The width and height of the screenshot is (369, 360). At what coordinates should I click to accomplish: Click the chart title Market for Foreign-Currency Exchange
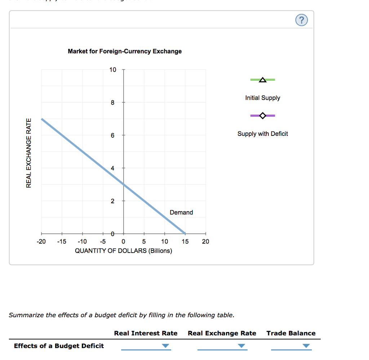125,51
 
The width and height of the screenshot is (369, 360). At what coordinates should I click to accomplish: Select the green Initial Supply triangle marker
263,79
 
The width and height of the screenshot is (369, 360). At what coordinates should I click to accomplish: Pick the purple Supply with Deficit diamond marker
263,116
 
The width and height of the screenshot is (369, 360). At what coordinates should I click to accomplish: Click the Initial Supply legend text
263,98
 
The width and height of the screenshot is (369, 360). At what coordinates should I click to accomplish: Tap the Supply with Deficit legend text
263,134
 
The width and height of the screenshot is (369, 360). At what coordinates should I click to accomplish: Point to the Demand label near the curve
181,212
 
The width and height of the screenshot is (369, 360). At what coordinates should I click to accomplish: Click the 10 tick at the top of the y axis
113,70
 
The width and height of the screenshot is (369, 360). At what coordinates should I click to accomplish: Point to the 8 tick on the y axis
113,103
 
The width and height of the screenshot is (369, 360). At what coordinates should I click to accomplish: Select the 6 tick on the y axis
113,135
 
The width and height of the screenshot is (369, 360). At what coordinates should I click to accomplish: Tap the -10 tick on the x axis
82,241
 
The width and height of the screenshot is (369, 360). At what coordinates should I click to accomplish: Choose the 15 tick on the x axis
185,241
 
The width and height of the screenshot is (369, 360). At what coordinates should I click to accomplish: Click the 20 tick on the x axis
205,241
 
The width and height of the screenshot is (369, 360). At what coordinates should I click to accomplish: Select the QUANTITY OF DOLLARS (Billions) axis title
123,250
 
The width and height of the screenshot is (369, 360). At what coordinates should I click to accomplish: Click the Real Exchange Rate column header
222,333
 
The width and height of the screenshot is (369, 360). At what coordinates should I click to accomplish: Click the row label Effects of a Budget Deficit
59,346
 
